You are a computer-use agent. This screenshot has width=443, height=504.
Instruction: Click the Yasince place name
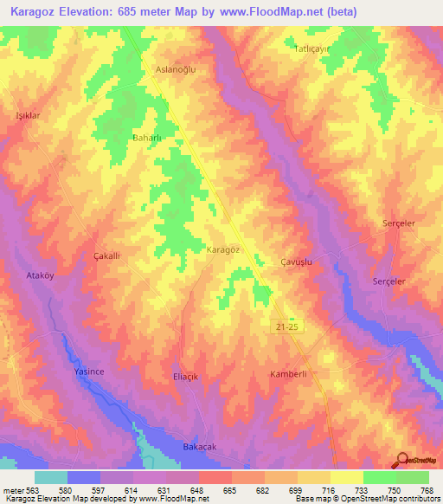pos(87,371)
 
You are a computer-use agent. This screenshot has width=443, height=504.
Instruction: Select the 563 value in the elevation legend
pos(28,490)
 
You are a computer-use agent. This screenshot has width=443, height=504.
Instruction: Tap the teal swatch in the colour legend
pos(51,477)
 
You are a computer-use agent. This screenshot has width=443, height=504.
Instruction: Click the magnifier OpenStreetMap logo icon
pos(402,460)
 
